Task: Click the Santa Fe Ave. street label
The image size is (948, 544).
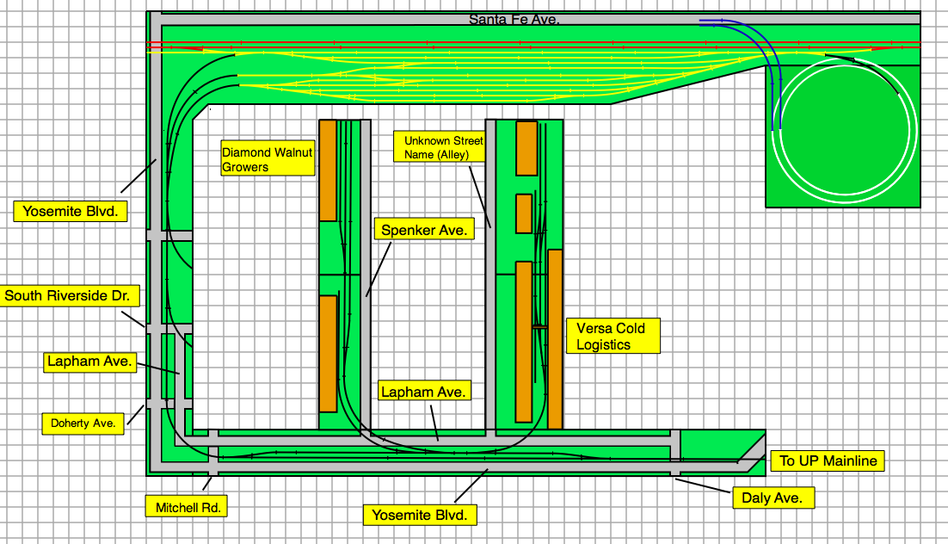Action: pos(514,19)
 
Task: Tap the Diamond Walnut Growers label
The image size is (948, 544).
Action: pos(267,159)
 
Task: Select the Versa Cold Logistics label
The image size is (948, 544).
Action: pos(613,336)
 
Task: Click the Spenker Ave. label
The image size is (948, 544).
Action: pos(424,230)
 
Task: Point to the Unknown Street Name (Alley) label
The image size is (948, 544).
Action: pos(439,147)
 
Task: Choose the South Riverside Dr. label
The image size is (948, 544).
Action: pos(68,296)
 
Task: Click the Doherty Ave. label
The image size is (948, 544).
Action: pos(83,423)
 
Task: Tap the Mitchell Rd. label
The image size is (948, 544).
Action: pos(188,507)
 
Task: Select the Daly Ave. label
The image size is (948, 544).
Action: pos(773,497)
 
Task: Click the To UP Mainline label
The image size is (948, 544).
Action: pos(828,461)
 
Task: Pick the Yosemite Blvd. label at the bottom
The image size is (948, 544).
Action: pos(421,515)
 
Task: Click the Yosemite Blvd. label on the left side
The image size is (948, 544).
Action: pos(71,211)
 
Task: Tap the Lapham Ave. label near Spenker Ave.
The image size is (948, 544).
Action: pos(424,392)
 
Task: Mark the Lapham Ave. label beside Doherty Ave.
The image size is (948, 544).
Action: pos(90,362)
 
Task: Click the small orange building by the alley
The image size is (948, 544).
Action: pos(524,213)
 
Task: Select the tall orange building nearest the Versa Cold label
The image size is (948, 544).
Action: pos(555,338)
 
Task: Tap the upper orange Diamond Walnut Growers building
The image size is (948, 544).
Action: pos(328,170)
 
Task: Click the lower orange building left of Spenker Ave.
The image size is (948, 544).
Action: pos(328,353)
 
